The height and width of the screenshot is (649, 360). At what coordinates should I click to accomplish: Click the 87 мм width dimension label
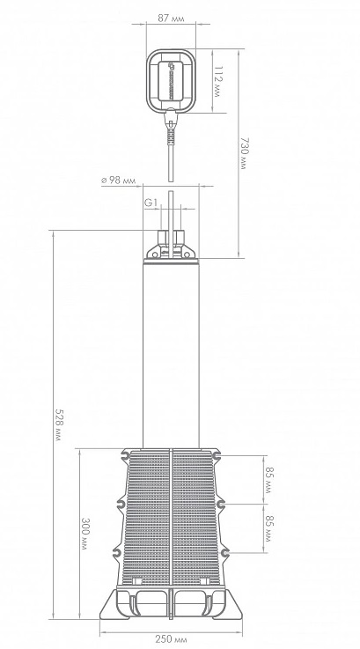point(171,18)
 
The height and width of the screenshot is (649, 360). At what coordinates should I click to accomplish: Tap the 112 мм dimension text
point(217,82)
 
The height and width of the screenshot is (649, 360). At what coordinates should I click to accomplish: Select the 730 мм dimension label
point(243,153)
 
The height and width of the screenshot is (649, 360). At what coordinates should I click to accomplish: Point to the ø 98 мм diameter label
point(118,181)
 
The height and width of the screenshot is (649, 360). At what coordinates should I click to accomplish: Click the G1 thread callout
point(151,203)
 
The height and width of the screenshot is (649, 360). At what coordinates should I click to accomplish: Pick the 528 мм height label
point(59,425)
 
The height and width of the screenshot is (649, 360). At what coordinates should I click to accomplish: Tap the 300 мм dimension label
point(84,534)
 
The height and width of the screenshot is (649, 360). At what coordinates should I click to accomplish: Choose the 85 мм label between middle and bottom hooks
point(269,528)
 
